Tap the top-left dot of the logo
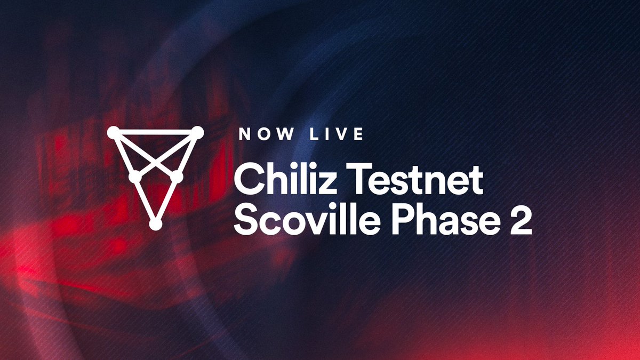click(x=113, y=132)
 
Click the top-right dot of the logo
click(x=197, y=132)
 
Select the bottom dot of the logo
click(x=155, y=225)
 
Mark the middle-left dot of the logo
click(x=135, y=176)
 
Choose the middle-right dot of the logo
click(x=176, y=175)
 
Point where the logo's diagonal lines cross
click(x=155, y=161)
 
